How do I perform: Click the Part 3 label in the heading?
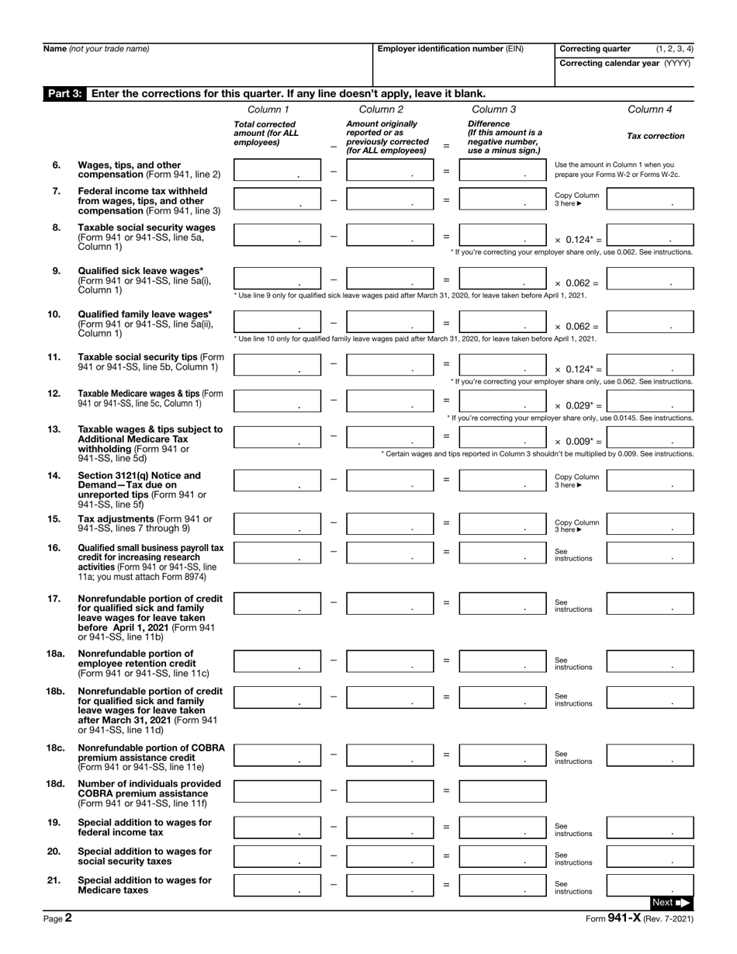click(65, 93)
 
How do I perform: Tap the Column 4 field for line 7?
click(650, 199)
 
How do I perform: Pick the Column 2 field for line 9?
click(389, 279)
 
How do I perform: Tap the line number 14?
click(54, 475)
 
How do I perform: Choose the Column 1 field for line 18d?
click(277, 791)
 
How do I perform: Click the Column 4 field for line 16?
click(650, 552)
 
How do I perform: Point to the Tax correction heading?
click(656, 136)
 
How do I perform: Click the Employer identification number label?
click(450, 49)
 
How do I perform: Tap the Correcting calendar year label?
click(625, 64)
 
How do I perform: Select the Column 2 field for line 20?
click(389, 856)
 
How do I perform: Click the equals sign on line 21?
click(446, 884)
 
